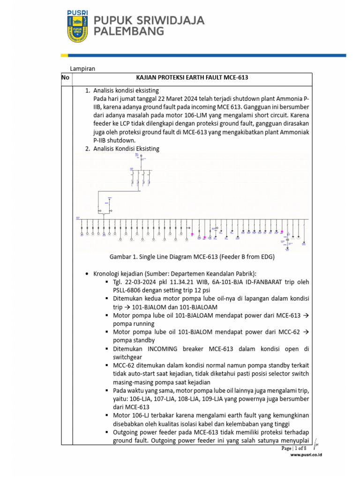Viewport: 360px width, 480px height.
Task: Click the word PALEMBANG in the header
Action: click(x=129, y=32)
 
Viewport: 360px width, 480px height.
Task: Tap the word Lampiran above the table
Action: click(x=82, y=68)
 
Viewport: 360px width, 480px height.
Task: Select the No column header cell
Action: click(x=66, y=78)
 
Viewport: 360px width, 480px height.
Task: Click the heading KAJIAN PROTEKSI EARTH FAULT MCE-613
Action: click(x=192, y=78)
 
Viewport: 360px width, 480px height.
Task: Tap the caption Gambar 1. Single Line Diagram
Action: click(x=192, y=257)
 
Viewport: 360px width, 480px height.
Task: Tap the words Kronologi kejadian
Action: click(x=119, y=274)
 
